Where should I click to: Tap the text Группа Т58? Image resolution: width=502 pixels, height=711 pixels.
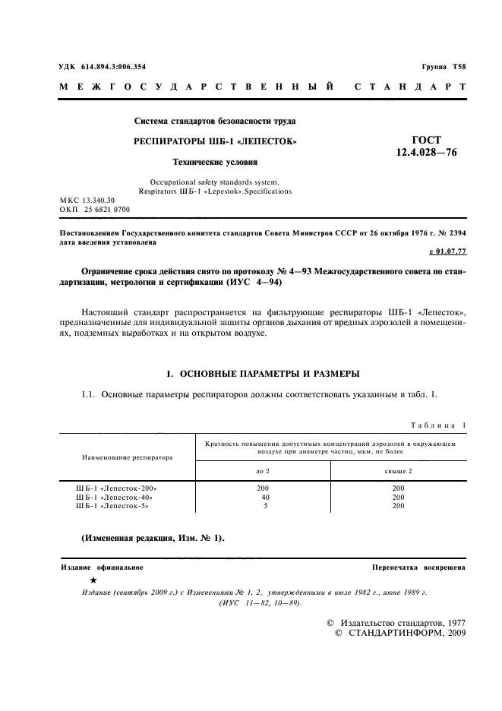pyautogui.click(x=444, y=67)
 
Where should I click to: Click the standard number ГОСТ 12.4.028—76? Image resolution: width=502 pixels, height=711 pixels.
pyautogui.click(x=425, y=146)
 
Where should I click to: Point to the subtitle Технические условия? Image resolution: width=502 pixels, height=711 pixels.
pyautogui.click(x=215, y=162)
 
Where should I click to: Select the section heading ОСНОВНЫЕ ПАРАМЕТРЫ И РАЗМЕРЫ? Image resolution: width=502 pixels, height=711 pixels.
pyautogui.click(x=262, y=373)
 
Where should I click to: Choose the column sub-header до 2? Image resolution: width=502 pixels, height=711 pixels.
pyautogui.click(x=263, y=471)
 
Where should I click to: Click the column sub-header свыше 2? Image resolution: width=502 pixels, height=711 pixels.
pyautogui.click(x=398, y=471)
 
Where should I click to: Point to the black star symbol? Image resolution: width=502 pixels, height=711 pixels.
pyautogui.click(x=93, y=580)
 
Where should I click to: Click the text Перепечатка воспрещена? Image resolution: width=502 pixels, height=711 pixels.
pyautogui.click(x=418, y=567)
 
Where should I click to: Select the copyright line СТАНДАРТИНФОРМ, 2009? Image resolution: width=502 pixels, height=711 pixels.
pyautogui.click(x=400, y=632)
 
